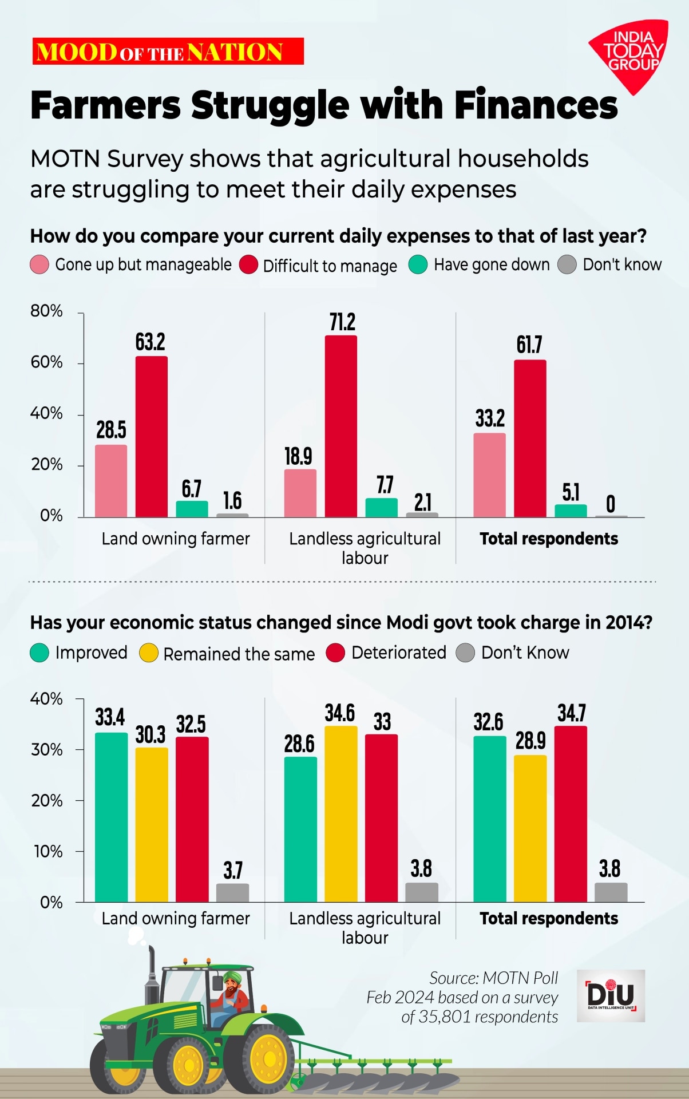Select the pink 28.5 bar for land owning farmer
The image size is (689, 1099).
pyautogui.click(x=111, y=481)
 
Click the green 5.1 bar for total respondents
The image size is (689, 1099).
pyautogui.click(x=571, y=511)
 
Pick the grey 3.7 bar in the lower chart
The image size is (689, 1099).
pyautogui.click(x=232, y=892)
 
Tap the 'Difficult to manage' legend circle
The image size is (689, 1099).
pyautogui.click(x=248, y=266)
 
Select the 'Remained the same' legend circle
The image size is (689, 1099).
pyautogui.click(x=149, y=653)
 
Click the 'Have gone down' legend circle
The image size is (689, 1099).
pyautogui.click(x=418, y=265)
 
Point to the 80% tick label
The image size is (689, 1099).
pyautogui.click(x=46, y=311)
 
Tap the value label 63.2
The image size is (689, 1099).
pyautogui.click(x=150, y=342)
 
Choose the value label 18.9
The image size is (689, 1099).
pyautogui.click(x=298, y=456)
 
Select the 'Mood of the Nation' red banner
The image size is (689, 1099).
pyautogui.click(x=168, y=52)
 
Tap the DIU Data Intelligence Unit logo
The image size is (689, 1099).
pyautogui.click(x=611, y=995)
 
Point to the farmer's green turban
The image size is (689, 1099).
pyautogui.click(x=232, y=977)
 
